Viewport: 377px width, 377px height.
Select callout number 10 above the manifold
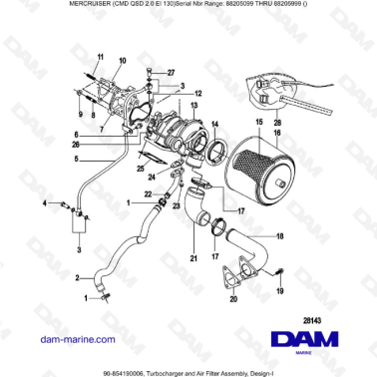pos(122,61)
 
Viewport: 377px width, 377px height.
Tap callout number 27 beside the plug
pos(171,73)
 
